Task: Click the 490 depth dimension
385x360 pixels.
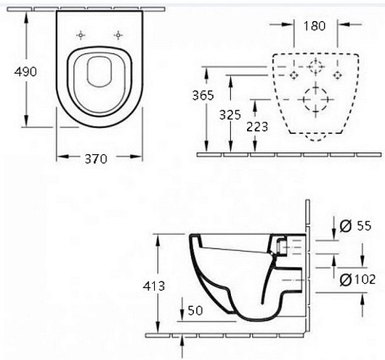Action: coord(25,71)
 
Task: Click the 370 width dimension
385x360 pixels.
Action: coord(96,159)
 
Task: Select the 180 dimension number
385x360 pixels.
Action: coord(315,25)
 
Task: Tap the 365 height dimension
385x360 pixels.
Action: coord(203,95)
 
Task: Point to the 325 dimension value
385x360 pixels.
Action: coord(230,115)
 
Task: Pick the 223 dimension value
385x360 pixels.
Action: coord(257,127)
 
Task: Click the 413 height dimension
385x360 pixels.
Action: coord(154,286)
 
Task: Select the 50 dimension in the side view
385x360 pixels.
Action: coord(195,311)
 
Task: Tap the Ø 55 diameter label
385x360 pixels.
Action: coord(355,225)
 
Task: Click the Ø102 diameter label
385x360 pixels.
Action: coord(357,279)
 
